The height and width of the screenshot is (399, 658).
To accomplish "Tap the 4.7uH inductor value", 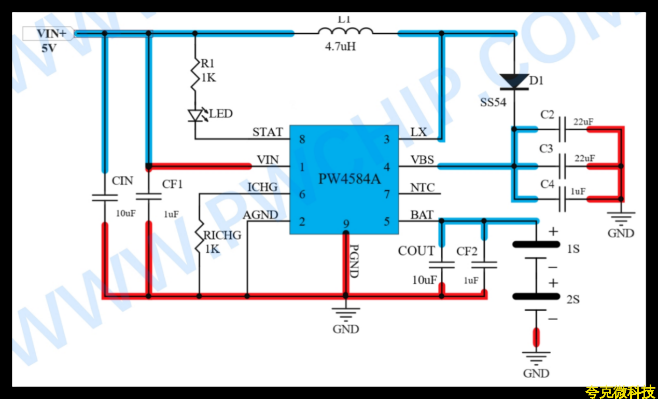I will tap(340, 47).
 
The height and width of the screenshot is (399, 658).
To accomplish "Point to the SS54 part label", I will tap(493, 102).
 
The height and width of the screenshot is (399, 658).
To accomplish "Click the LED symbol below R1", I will tap(195, 115).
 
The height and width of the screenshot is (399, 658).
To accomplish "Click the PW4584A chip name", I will tap(349, 180).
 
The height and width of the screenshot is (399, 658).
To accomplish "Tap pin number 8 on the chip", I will tap(302, 139).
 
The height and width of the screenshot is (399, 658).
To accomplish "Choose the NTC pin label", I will tap(422, 187).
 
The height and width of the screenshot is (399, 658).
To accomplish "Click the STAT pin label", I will tap(268, 132).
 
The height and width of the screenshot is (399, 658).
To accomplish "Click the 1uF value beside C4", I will tap(578, 191).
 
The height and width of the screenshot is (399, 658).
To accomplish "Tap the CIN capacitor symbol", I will tap(105, 197).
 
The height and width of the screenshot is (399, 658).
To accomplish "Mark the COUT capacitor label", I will tap(416, 251).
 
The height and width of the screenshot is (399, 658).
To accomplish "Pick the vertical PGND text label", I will tap(354, 261).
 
